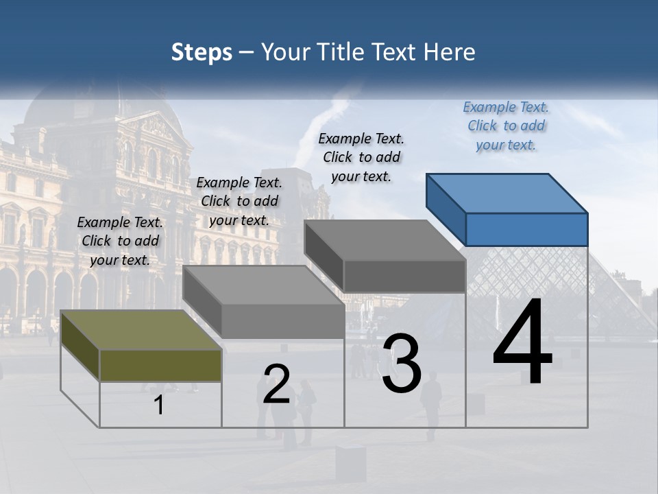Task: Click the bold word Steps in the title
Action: [202, 52]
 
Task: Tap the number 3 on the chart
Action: [402, 364]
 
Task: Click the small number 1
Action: [159, 405]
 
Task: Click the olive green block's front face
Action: [160, 365]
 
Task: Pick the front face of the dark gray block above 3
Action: [404, 276]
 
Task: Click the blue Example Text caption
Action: [506, 126]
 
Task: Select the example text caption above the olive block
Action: [120, 241]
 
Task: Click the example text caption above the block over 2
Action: [239, 201]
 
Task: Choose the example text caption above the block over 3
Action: [361, 157]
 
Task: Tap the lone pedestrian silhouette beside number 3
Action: [431, 405]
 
